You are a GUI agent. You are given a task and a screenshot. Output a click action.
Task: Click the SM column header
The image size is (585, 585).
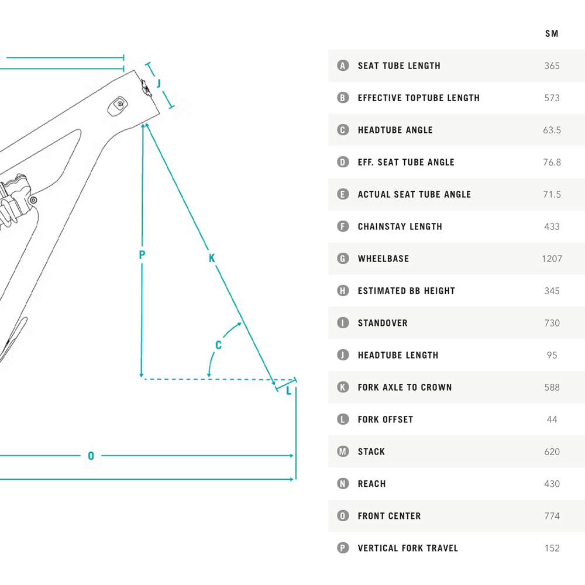[552, 34]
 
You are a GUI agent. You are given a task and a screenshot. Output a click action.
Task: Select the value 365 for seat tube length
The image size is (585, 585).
[552, 66]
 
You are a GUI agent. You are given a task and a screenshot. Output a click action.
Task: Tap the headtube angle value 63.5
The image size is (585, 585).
[552, 130]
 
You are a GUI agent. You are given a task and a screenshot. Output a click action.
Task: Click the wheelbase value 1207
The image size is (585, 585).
[552, 259]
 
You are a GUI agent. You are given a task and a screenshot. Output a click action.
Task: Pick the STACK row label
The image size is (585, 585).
[371, 452]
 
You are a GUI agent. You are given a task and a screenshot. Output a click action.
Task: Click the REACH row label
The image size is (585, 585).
[371, 484]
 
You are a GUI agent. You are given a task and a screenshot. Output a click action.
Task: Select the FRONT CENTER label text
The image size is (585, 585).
[389, 516]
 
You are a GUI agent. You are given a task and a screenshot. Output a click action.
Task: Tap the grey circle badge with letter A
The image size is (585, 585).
[343, 66]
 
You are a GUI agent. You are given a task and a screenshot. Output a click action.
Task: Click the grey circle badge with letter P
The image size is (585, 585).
[343, 548]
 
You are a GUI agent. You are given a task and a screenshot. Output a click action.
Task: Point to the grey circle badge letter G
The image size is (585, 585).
[343, 259]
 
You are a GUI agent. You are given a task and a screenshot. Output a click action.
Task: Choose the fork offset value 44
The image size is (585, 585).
[552, 419]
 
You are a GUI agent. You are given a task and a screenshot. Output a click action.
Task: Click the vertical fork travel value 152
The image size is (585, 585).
[552, 548]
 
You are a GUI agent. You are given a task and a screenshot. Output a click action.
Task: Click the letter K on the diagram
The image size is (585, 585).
[212, 258]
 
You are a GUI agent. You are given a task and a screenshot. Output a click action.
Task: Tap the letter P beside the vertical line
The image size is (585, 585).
[142, 255]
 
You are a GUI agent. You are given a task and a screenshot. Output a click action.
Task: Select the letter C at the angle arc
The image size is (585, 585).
[218, 345]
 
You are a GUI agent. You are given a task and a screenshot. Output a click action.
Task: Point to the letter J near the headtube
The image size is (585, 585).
[159, 84]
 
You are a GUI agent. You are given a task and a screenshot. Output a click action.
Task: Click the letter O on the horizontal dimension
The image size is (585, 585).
[91, 456]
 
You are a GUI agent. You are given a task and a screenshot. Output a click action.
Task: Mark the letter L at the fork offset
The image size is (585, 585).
[288, 391]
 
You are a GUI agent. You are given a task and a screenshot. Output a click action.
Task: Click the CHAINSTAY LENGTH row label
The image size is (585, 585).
[400, 226]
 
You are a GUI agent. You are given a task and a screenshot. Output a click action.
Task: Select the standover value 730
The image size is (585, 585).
[552, 323]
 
